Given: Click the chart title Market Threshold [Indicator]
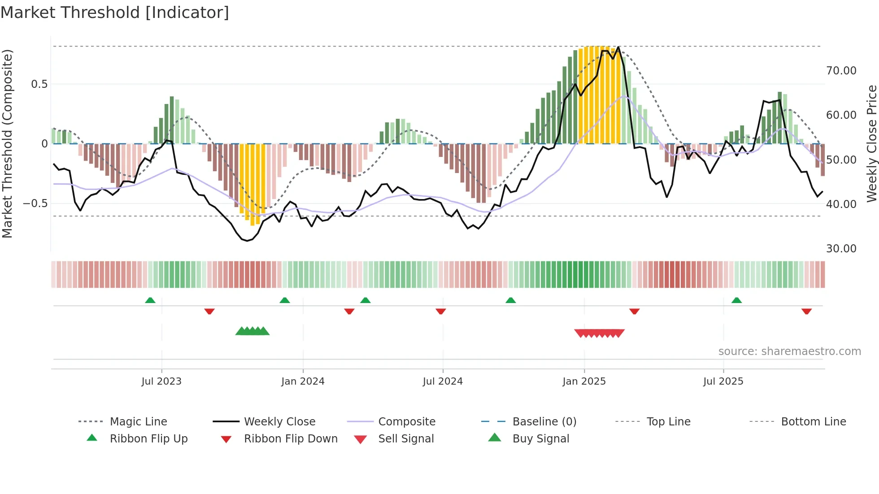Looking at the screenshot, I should (115, 13).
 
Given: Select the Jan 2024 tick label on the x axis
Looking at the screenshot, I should (303, 381).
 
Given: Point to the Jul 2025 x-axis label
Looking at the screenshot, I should (723, 381).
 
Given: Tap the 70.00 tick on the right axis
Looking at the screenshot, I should (841, 71).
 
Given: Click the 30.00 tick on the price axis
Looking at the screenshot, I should (841, 249).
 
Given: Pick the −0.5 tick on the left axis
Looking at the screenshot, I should (35, 204).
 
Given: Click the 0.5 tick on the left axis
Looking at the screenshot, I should (39, 84).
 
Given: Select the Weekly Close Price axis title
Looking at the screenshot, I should (871, 143).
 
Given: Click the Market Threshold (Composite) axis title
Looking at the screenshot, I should (7, 143).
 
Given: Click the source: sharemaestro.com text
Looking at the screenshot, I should (789, 351).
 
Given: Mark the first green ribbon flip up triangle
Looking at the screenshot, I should (150, 300).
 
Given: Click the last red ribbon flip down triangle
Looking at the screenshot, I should (806, 311).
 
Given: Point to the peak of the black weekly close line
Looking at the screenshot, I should (618, 47).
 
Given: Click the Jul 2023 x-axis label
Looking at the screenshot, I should (161, 381).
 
